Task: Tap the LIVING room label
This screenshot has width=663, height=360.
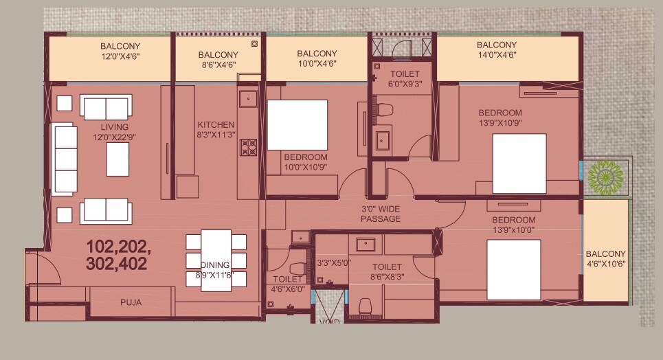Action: click(x=114, y=127)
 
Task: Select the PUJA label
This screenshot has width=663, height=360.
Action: click(x=131, y=302)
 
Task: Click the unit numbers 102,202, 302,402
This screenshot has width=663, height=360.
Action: click(x=119, y=254)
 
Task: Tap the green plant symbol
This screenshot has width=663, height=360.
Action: click(x=604, y=176)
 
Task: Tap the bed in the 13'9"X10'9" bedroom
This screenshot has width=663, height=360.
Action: click(x=519, y=164)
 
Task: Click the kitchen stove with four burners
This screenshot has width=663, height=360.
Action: click(x=249, y=147)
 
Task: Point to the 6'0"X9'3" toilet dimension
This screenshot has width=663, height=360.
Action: click(x=401, y=84)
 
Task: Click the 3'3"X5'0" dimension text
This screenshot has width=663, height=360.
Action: click(x=334, y=262)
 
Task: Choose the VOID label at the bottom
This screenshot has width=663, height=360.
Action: click(x=330, y=320)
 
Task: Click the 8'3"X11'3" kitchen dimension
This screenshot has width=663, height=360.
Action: click(x=216, y=135)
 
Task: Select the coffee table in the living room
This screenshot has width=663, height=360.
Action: click(x=117, y=159)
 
